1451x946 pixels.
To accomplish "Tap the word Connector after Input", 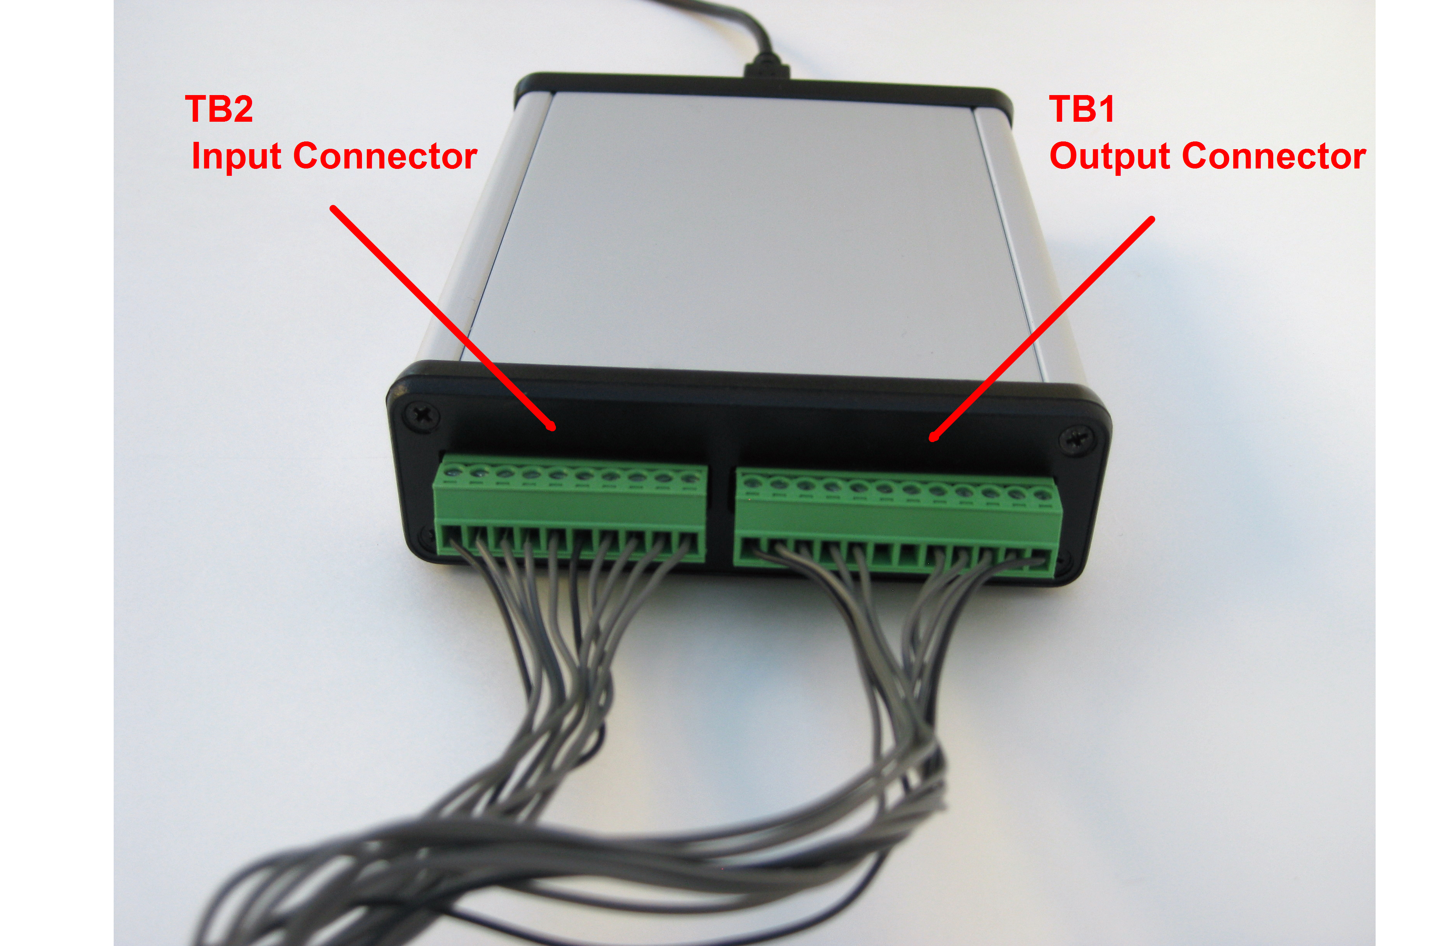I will coord(385,157).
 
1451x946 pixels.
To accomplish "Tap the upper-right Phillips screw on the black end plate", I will coord(1076,439).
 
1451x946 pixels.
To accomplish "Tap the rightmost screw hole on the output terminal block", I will coord(1041,494).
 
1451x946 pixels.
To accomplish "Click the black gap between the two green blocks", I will coord(721,518).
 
